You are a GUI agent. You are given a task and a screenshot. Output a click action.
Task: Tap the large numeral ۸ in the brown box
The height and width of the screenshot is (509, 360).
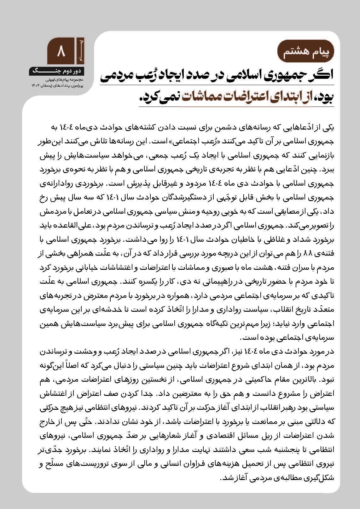pyautogui.click(x=61, y=51)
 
